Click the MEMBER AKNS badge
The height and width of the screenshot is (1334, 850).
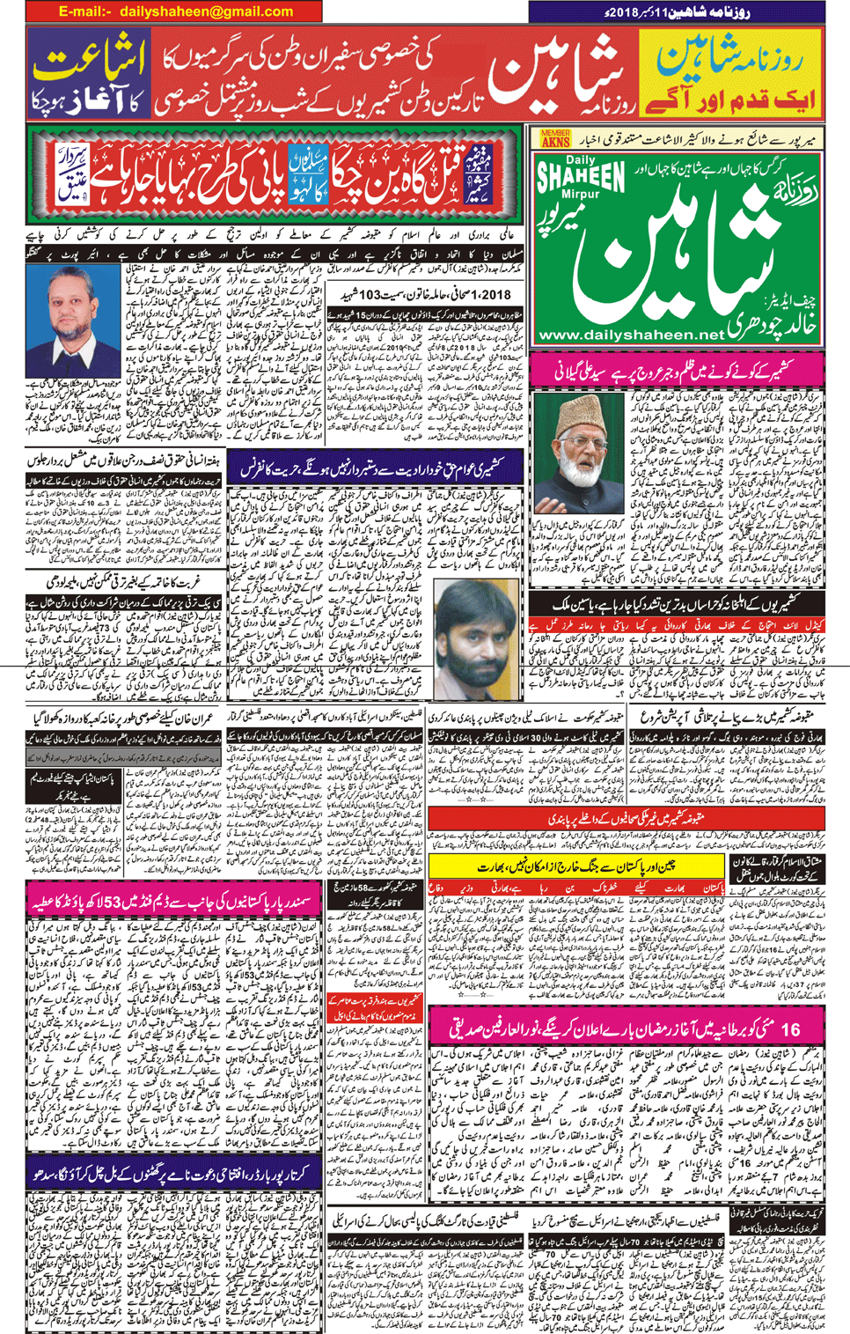[x=555, y=139]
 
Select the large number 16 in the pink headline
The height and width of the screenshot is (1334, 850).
[x=789, y=1028]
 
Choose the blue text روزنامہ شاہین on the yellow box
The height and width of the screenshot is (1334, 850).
[x=729, y=57]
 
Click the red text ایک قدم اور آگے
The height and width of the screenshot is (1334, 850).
[x=729, y=98]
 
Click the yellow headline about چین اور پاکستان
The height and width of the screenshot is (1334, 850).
[x=576, y=866]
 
